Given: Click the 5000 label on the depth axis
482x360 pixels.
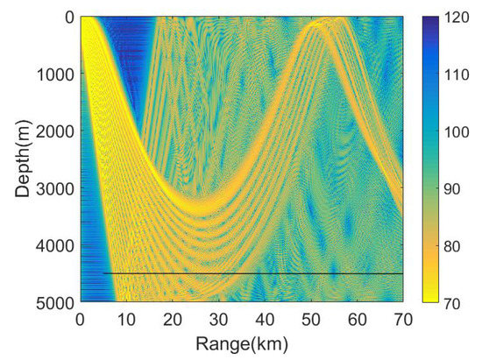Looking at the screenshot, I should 57,302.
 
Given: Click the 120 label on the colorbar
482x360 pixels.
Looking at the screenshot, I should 457,17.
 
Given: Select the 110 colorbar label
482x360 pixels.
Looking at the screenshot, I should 457,74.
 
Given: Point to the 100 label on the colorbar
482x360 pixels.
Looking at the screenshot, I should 457,131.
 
